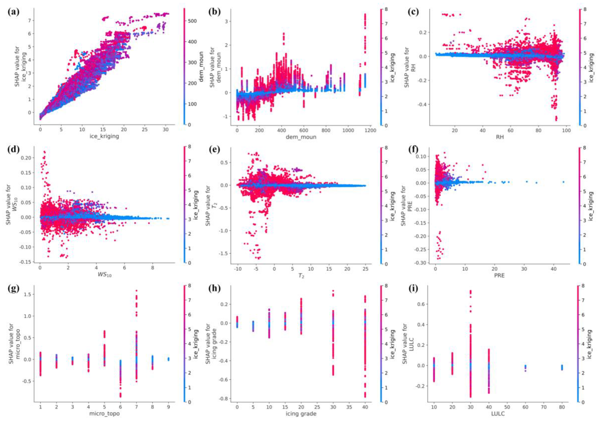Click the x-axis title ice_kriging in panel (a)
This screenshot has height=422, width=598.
coord(104,136)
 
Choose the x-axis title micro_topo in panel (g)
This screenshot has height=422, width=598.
coord(104,413)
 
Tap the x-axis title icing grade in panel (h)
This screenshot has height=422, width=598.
coord(301,413)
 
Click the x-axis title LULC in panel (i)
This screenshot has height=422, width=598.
coord(498,413)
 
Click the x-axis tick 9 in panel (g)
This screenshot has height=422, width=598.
coord(169,407)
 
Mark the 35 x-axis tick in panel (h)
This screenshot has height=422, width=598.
coord(349,407)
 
